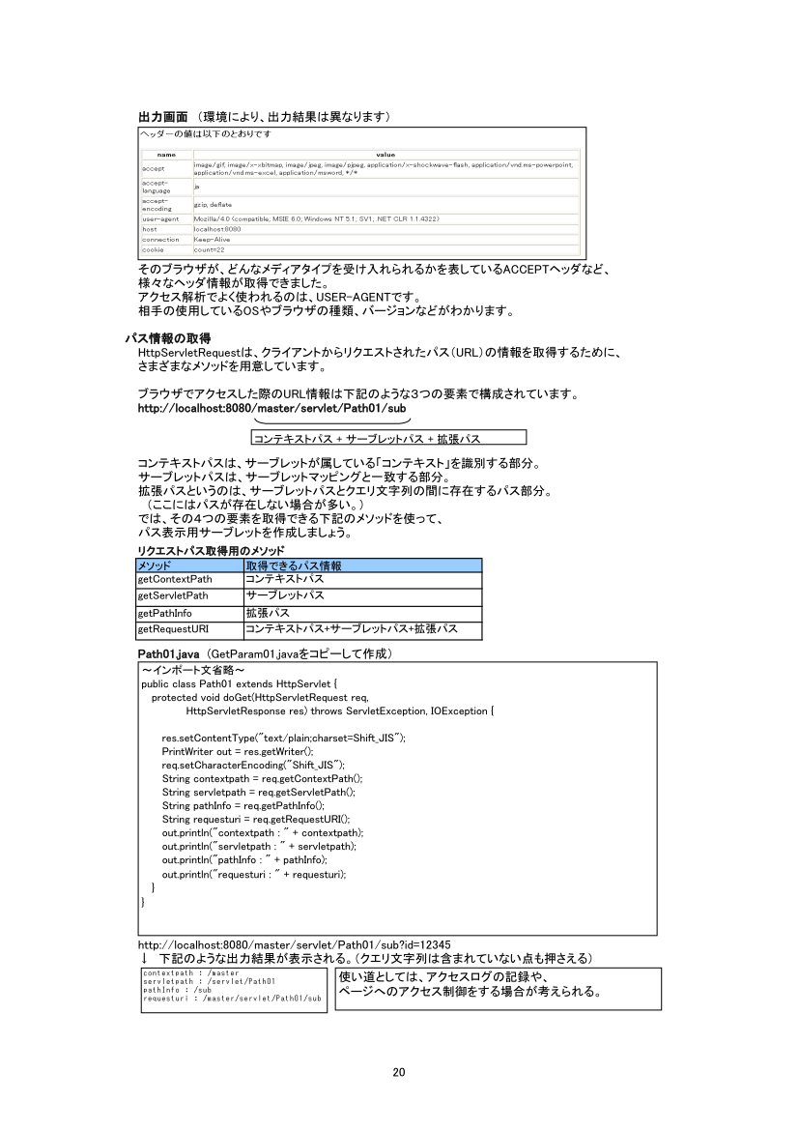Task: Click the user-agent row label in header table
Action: (159, 219)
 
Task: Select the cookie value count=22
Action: (209, 249)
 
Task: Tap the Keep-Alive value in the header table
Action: (212, 239)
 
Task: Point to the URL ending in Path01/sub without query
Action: (271, 409)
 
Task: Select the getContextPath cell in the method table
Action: (175, 578)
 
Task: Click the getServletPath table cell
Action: (174, 595)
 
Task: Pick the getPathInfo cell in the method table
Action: (165, 613)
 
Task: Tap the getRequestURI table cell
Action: (174, 629)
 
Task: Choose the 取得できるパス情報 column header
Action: (293, 565)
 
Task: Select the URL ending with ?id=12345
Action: (295, 944)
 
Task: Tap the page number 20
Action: (399, 1071)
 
